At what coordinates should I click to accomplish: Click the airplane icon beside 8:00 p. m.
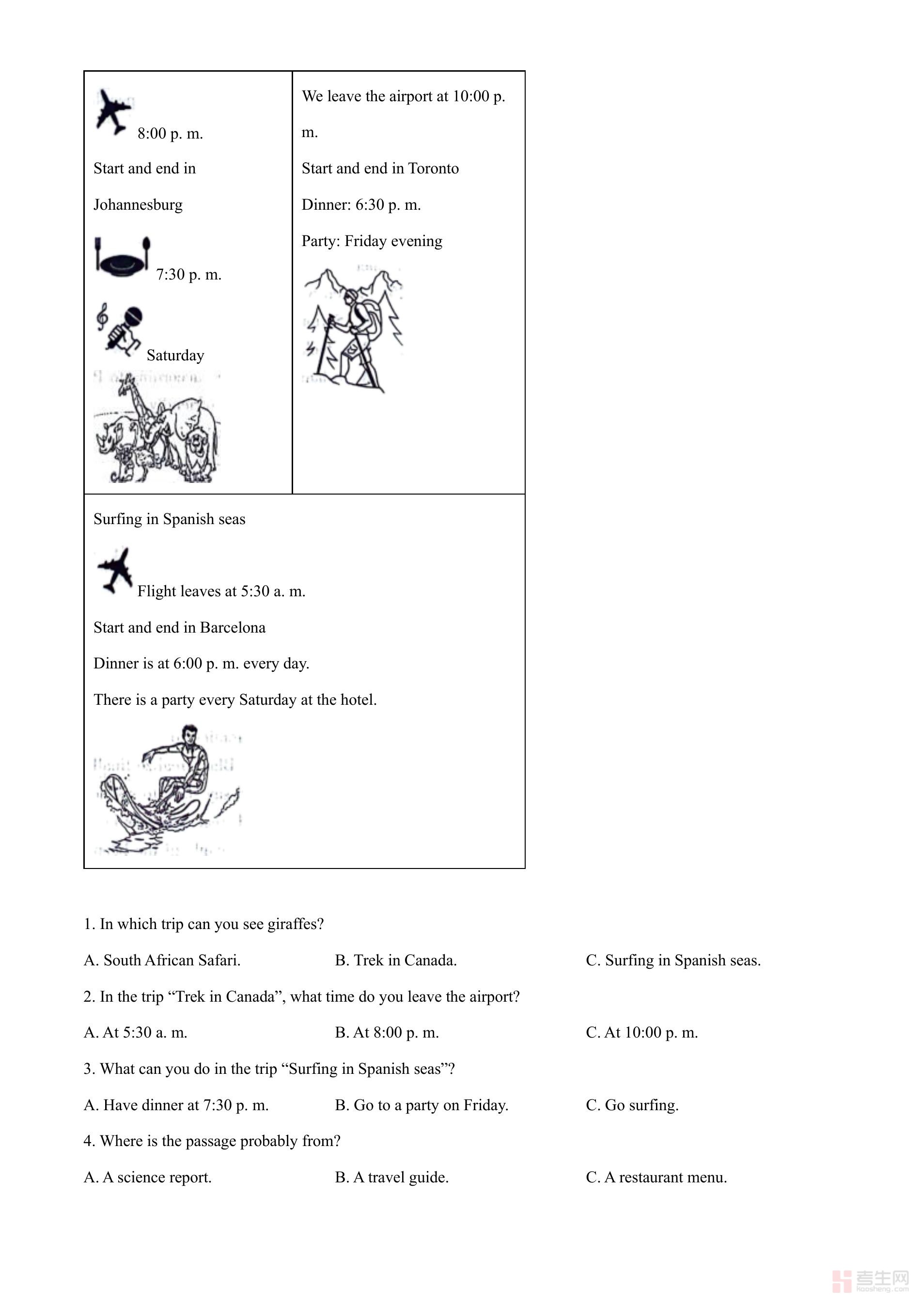[113, 112]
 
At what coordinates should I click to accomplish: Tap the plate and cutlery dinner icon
[123, 256]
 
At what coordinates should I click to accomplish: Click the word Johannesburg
[138, 205]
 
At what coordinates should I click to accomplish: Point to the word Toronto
[433, 169]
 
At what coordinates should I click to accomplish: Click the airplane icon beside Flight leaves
[115, 571]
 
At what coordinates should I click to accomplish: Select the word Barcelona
[233, 628]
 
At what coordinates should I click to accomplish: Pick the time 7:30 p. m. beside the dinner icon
[189, 275]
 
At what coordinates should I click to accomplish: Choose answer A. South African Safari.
[162, 961]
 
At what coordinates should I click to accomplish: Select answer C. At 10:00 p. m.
[641, 1033]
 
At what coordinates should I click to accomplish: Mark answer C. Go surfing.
[632, 1105]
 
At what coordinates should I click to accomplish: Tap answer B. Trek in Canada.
[395, 961]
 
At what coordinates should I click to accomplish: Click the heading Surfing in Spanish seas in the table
[169, 519]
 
